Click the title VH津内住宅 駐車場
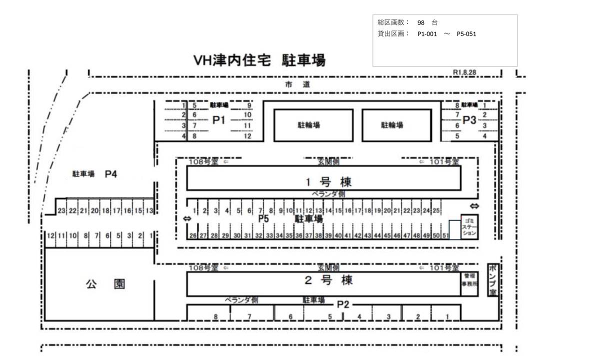click(259, 61)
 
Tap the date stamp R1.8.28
click(464, 72)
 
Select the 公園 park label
click(105, 284)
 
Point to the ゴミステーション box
click(468, 227)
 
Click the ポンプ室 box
click(492, 280)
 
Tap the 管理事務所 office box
click(469, 279)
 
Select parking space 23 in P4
click(61, 210)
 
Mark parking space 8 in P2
click(215, 316)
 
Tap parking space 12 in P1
click(247, 136)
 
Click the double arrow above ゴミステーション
click(474, 206)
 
